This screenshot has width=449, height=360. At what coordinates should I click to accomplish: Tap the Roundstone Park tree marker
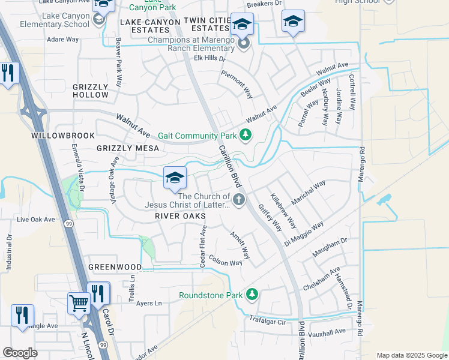pos(253,295)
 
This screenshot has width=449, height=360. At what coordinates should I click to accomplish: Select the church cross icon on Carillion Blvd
pos(239,200)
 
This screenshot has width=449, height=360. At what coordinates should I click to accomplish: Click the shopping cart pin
pos(78,303)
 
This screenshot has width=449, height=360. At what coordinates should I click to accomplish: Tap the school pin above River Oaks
pos(175,178)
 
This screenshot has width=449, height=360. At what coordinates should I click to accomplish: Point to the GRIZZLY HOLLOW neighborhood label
pos(91,91)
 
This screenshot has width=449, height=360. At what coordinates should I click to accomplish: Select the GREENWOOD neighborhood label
pos(115,267)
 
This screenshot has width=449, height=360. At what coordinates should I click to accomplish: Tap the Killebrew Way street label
pos(283,211)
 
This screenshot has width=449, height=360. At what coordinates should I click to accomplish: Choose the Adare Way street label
pos(63,40)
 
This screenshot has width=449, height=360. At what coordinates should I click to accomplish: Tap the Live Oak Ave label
pos(36,220)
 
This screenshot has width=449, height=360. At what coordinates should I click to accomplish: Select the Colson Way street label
pos(226,262)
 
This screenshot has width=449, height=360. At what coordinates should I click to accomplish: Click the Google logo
pos(20,353)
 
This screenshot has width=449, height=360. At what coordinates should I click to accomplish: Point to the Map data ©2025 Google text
pos(411,355)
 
